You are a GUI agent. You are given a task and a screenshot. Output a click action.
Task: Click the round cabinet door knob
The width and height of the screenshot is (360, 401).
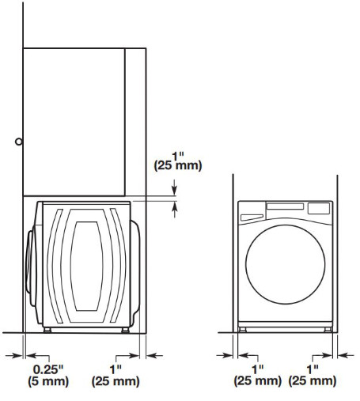(19, 142)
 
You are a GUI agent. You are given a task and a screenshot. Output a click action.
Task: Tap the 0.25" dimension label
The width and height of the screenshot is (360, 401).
(48, 369)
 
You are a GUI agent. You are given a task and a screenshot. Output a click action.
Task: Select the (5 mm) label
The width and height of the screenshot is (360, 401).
(48, 381)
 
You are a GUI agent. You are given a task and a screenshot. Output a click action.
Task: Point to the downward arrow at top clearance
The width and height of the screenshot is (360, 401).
(174, 187)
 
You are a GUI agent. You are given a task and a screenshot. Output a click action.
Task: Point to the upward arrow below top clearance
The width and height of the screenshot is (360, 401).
(174, 210)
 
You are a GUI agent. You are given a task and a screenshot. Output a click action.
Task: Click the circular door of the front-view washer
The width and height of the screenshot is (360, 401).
(285, 264)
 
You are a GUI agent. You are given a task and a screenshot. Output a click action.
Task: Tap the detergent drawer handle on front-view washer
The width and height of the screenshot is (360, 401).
(252, 218)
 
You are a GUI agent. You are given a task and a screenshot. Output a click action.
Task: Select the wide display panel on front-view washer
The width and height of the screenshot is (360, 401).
(285, 206)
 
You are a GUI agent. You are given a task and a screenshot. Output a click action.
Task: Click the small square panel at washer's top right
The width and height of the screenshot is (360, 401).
(319, 208)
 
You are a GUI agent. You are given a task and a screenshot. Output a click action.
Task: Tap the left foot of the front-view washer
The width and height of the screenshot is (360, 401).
(242, 330)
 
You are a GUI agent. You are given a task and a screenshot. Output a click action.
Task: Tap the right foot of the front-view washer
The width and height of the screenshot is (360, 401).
(328, 330)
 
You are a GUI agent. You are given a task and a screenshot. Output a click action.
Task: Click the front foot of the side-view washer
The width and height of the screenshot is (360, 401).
(47, 330)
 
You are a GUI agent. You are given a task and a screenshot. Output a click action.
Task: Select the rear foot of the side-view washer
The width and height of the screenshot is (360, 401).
(125, 330)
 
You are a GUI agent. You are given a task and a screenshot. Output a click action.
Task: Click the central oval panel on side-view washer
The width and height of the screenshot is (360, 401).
(86, 266)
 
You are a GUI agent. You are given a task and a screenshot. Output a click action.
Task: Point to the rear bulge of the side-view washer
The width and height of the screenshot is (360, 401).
(135, 269)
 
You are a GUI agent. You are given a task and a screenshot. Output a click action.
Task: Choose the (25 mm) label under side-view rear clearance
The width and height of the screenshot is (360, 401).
(116, 381)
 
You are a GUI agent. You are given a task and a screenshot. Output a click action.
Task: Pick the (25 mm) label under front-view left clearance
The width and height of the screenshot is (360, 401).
(258, 380)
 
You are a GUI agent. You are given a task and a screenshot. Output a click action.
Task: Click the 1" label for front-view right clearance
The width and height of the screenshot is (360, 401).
(313, 369)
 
